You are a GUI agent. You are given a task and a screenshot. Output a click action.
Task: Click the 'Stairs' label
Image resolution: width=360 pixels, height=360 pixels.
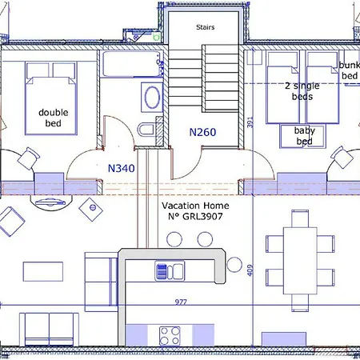click(205, 27)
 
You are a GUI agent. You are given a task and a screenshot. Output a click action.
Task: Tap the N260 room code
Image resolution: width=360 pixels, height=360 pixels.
click(202, 132)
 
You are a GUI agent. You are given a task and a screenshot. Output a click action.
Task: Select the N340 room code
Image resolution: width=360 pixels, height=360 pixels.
click(122, 168)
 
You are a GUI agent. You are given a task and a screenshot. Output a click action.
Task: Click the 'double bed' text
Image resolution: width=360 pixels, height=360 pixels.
click(54, 118)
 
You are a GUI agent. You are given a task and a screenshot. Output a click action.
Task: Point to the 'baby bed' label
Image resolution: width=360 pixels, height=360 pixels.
click(305, 136)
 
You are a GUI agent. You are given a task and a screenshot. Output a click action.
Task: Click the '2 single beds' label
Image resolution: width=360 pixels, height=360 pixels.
click(302, 91)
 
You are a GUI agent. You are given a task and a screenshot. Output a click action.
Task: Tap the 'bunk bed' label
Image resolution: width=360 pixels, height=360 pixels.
click(350, 70)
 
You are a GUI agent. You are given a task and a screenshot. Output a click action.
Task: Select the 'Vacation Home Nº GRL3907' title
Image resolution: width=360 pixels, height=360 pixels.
click(195, 211)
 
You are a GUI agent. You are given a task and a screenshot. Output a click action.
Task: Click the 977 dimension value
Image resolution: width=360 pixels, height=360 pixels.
click(181, 302)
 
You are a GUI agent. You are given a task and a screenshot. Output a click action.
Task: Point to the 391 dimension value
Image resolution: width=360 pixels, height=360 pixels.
click(250, 122)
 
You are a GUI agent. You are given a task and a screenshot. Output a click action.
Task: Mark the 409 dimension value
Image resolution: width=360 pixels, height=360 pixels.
click(250, 270)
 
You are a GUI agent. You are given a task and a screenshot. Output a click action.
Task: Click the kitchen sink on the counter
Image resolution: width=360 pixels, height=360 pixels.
click(170, 271)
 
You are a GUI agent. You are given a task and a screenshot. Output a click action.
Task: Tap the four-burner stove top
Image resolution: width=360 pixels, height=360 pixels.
click(170, 336)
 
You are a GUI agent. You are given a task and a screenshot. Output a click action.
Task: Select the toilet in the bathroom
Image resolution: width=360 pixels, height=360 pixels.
click(146, 130)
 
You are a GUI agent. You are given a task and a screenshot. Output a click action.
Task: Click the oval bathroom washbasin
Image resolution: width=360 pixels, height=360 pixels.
click(152, 98)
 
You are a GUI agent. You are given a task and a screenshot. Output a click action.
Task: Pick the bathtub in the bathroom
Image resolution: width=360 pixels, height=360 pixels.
click(133, 64)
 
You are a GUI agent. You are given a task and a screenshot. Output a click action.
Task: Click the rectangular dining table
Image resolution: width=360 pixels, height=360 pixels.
click(300, 261)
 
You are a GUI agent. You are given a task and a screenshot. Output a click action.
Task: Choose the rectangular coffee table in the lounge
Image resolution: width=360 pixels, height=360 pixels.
click(43, 271)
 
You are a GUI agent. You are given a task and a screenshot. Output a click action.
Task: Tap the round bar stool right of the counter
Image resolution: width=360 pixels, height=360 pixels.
click(234, 265)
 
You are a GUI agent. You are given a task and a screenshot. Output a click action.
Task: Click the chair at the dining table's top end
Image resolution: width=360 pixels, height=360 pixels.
click(300, 218)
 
